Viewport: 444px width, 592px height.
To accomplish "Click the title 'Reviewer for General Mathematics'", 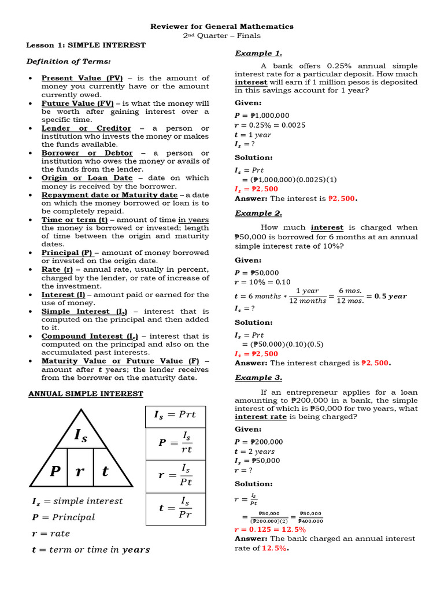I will tap(222, 27).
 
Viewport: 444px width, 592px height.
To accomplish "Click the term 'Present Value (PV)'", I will tap(82, 78).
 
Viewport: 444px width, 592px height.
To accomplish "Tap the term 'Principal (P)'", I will tap(67, 253).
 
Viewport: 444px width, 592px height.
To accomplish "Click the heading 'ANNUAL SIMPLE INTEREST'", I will tap(86, 394).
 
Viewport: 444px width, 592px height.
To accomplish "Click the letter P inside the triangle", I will tap(55, 472).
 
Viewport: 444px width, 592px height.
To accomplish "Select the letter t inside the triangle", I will tap(105, 472).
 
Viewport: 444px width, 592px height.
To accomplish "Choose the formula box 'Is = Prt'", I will tap(175, 415).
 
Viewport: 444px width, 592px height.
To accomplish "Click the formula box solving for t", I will tap(175, 508).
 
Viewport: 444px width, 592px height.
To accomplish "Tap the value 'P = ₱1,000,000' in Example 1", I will tap(262, 116).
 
